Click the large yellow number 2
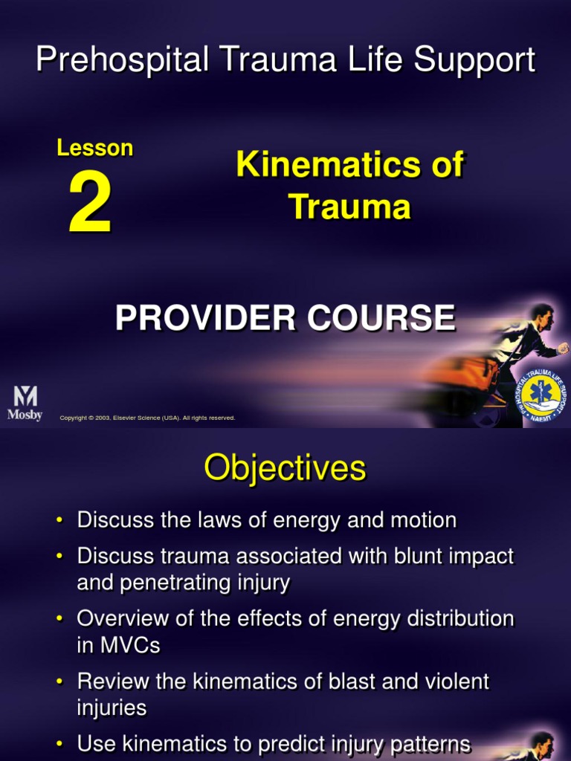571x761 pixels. pos(91,206)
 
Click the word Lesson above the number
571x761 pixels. pos(94,148)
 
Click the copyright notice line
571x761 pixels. pos(147,418)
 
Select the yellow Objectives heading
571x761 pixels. pos(285,468)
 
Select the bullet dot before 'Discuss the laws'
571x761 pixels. pos(59,521)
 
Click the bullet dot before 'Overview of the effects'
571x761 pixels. pos(59,619)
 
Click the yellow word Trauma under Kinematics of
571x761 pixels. pos(349,206)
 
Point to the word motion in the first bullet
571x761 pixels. pos(423,520)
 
